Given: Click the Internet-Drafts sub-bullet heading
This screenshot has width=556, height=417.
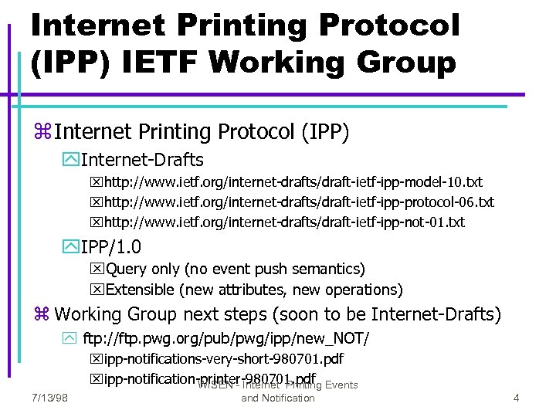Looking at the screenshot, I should coord(142,160).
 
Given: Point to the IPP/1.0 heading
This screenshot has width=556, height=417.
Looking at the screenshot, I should coord(110,247).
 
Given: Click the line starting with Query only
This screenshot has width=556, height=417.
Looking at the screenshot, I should coord(235,269).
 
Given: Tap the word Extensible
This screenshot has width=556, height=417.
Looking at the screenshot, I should coord(140,290).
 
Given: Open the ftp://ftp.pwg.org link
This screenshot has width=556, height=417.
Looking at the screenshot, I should coord(225,339).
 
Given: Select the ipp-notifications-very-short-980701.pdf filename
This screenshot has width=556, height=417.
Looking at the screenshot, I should coord(224,359).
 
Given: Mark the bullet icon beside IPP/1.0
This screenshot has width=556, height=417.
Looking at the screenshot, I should coord(71,248).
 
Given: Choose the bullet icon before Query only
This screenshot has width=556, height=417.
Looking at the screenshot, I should coord(97,270).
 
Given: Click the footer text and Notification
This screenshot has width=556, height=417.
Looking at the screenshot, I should coord(278,398).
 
